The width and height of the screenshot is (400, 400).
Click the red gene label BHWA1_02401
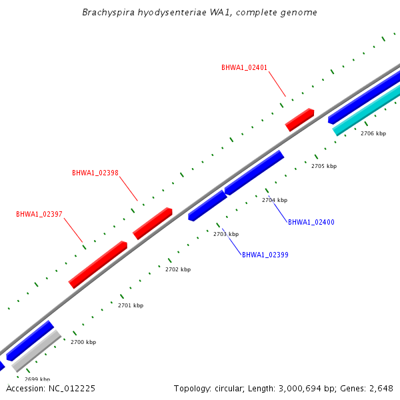[245, 67]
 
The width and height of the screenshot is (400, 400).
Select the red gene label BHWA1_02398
[95, 173]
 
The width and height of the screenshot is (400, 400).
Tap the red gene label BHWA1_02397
[39, 214]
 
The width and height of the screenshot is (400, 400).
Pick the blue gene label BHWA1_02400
[311, 222]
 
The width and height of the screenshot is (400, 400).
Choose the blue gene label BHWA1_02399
[265, 255]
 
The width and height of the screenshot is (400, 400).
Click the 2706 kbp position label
[373, 133]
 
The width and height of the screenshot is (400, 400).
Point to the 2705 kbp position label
[324, 166]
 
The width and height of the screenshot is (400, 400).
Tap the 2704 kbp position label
[275, 200]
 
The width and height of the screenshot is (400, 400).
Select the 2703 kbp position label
[226, 234]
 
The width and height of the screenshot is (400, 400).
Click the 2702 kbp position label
[178, 269]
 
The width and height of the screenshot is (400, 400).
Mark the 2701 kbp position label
[131, 305]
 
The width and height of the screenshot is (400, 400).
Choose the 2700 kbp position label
[83, 342]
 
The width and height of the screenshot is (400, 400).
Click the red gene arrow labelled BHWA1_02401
[299, 119]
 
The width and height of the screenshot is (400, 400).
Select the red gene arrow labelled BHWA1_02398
[152, 223]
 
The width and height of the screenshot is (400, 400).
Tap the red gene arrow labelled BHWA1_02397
[97, 265]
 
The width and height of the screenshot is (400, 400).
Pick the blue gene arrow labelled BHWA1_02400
[254, 173]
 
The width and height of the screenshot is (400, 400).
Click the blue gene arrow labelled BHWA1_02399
[207, 205]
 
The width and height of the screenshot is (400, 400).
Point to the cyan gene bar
[367, 111]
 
